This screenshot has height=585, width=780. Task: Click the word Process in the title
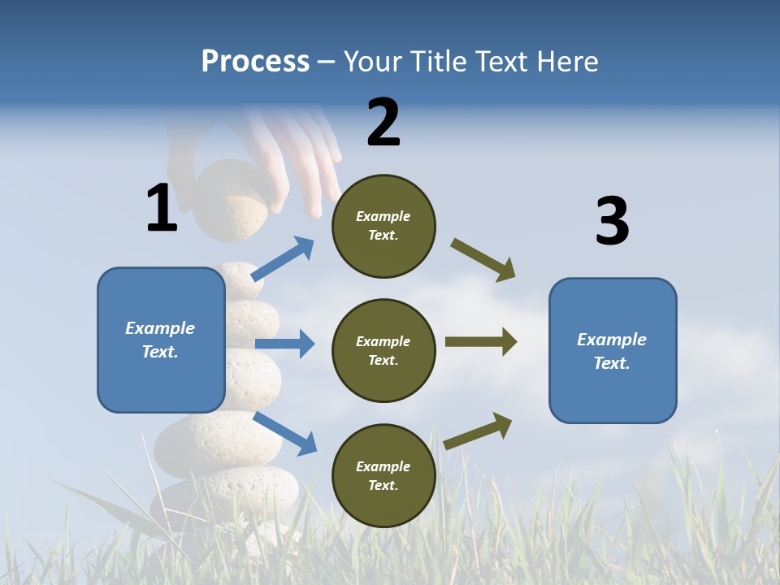pos(255,61)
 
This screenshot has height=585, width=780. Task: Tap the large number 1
pos(162,208)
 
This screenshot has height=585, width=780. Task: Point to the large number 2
pos(383,123)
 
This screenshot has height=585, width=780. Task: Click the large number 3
pos(612,222)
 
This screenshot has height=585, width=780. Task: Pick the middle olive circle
pos(383,350)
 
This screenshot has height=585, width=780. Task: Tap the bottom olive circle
pos(383,475)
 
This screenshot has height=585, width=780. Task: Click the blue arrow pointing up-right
pos(283,259)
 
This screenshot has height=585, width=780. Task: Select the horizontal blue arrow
pos(284,344)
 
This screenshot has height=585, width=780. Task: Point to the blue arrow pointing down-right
pos(284,433)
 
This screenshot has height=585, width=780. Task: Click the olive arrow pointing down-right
pos(483,260)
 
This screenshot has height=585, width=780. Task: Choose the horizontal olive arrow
pos(481,341)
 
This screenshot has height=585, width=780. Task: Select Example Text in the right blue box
pos(612,351)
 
